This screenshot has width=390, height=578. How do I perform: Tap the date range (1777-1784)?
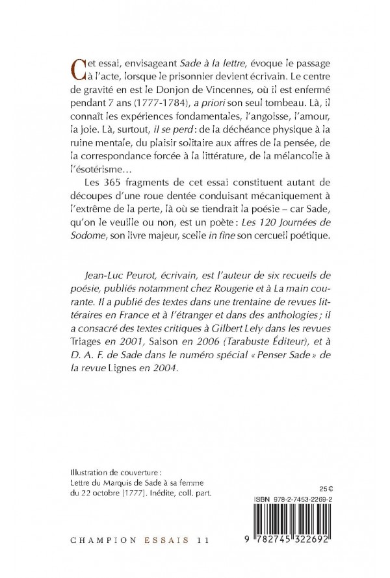click(149, 107)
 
